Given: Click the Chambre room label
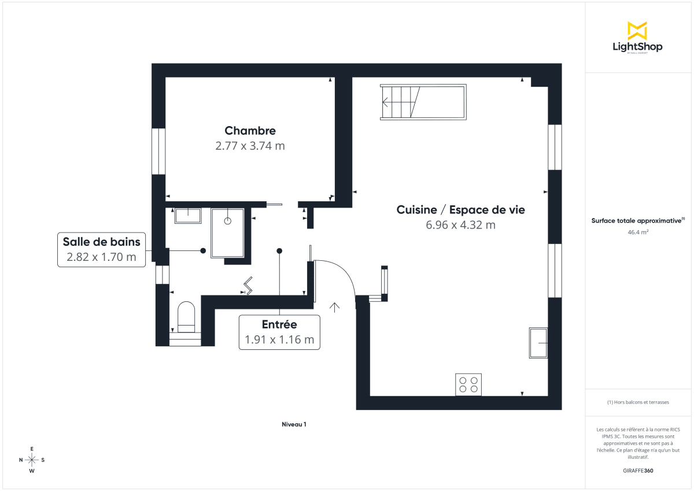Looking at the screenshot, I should coord(250,131).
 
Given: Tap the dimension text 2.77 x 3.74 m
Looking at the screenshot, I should coord(250,146).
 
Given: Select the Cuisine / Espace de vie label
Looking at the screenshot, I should coord(460,210).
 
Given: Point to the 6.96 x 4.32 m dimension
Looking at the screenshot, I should coord(460,225).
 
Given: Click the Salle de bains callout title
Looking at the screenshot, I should coord(101,242).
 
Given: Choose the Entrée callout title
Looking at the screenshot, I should coord(279,325).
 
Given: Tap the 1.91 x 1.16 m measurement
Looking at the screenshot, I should coord(279,340).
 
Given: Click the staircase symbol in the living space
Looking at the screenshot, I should coord(423,102).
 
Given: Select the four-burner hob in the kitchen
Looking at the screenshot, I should coord(468,385).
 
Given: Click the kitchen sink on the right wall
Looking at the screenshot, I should coord(538,343).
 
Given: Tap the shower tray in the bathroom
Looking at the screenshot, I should coord(228,232).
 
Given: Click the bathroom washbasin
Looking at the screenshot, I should coord(187,216).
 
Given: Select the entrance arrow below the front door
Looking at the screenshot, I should coord(334,307).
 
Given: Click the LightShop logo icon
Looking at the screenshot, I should coord(637,31).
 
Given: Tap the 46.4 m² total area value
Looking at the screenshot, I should coord(638,232).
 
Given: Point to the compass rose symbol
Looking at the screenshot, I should coord(32,460).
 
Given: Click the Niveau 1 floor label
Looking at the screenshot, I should coord(294,424).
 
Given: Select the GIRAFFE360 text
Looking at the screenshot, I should coord(638,471).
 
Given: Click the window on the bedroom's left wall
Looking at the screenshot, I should coord(158,151).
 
